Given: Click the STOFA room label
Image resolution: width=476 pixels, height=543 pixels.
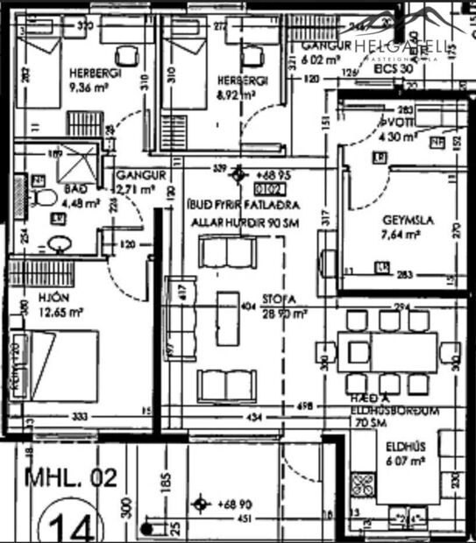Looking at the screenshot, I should pos(280,299).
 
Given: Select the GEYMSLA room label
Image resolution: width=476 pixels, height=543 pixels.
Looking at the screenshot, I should pos(403,221).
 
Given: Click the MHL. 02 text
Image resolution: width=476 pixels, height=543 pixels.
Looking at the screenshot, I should pos(70,477).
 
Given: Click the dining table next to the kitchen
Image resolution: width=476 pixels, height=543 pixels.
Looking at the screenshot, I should pos(402,351).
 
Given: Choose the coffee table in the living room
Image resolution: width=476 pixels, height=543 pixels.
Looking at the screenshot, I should pos(232,319).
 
